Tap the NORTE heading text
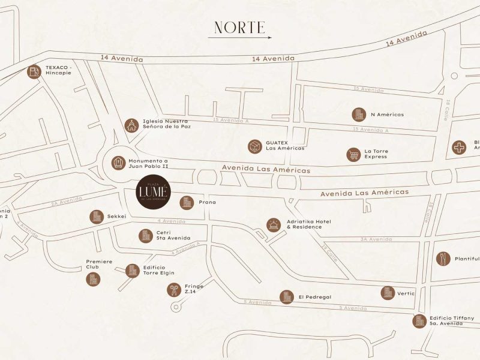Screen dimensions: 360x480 point(240,27)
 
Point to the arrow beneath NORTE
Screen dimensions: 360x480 point(240,38)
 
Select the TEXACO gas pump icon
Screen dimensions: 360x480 point(34,72)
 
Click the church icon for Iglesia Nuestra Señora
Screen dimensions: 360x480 point(131,125)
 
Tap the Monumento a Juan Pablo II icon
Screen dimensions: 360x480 point(118,163)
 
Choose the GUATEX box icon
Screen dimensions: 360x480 point(254,146)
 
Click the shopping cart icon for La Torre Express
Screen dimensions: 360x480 point(353,154)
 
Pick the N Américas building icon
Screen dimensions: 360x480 point(358,115)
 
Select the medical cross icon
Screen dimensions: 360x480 point(459,147)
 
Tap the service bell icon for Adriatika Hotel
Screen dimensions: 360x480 point(273,224)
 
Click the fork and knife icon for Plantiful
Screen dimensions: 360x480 point(443,259)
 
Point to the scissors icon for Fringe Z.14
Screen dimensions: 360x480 point(173,290)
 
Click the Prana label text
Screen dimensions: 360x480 point(207,203)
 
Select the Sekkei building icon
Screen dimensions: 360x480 point(96,217)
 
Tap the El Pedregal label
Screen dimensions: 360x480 point(315,297)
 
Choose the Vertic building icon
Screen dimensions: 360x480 point(388,293)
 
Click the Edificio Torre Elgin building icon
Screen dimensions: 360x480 point(132,271)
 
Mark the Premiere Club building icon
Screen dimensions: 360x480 point(93,279)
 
